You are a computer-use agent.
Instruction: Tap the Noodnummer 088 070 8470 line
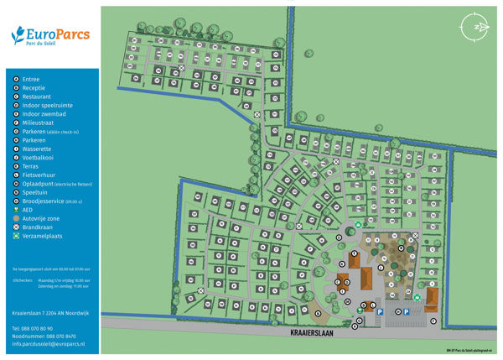(x=44, y=336)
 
